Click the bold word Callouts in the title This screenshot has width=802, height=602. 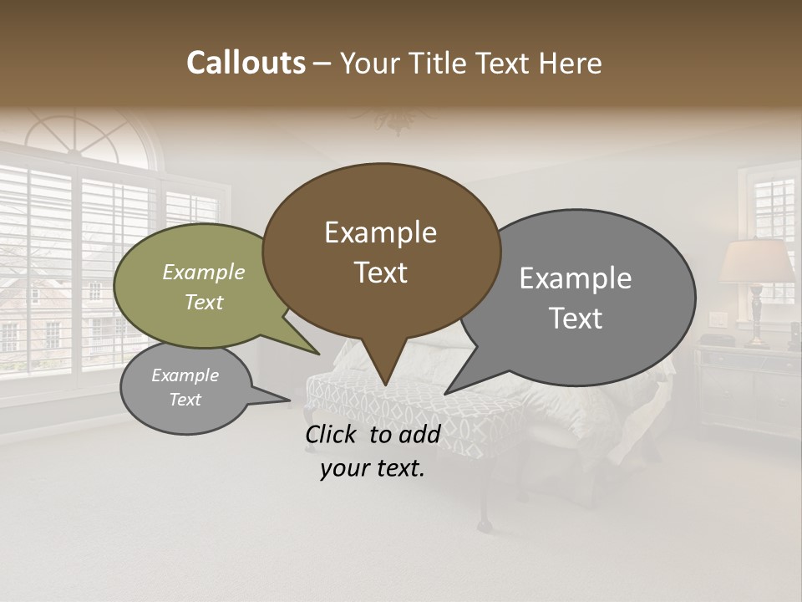point(246,64)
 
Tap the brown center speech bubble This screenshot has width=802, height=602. point(381,252)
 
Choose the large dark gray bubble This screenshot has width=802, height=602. point(585,298)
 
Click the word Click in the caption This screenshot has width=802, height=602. point(332,434)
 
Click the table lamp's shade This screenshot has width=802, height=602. point(757,262)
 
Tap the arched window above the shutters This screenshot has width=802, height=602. point(84,134)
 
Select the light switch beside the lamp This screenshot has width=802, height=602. point(718,319)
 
